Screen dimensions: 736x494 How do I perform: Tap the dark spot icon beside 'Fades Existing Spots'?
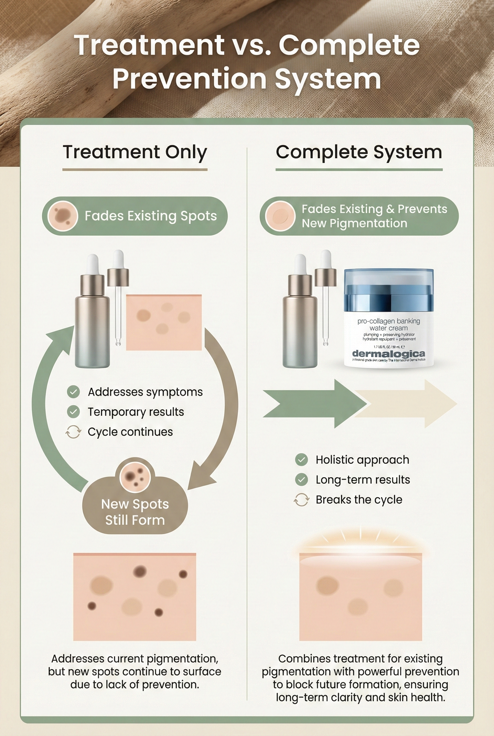pos(62,216)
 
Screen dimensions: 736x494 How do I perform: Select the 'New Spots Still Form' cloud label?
pos(135,512)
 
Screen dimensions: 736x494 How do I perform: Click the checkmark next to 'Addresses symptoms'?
pos(73,392)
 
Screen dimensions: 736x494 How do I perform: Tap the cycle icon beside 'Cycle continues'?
pos(73,432)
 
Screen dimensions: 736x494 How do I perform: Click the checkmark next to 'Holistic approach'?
pos(301,460)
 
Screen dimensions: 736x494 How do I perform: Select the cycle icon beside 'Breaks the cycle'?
pos(301,500)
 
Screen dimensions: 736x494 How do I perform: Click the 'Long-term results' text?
pos(363,480)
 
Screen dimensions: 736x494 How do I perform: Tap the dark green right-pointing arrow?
pos(315,404)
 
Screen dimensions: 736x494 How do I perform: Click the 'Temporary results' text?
pos(136,412)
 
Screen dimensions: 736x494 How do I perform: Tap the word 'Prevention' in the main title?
pos(189,78)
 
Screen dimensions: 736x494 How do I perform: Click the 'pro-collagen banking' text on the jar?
pos(389,321)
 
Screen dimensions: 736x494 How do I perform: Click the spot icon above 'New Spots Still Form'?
pos(135,477)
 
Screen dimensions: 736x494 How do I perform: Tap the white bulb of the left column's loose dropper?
pos(118,259)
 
